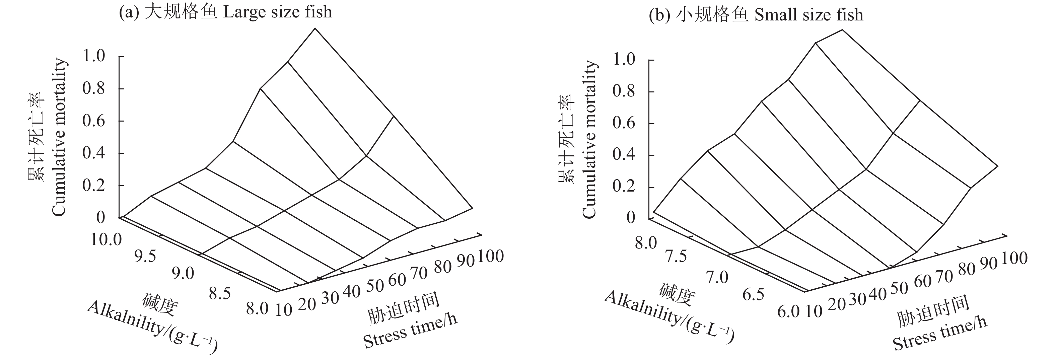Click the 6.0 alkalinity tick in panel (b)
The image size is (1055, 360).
(x=788, y=312)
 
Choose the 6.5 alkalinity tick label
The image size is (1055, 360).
(x=753, y=294)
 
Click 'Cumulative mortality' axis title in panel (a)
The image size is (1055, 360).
(x=59, y=137)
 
